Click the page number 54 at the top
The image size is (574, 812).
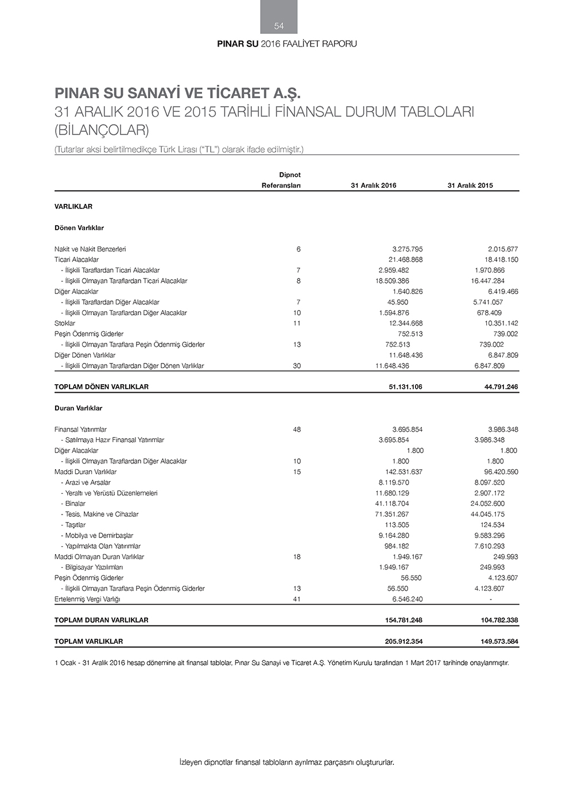click(x=279, y=26)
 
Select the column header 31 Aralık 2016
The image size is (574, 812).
click(x=373, y=185)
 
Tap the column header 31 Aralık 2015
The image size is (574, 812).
click(x=470, y=185)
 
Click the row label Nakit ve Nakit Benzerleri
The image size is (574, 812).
click(x=90, y=249)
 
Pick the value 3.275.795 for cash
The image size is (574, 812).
click(x=407, y=249)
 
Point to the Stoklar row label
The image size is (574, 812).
click(x=65, y=323)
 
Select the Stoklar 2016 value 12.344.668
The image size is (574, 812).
click(x=405, y=323)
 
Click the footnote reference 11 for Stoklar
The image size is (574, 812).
click(x=297, y=323)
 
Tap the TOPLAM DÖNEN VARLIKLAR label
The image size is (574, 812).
click(x=102, y=387)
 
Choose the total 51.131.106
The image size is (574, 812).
click(x=405, y=387)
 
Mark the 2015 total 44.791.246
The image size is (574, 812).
click(x=501, y=387)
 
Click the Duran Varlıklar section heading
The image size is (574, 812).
click(x=79, y=408)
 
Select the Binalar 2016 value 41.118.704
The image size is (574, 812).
click(x=392, y=504)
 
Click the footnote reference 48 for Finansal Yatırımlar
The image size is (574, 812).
click(x=297, y=430)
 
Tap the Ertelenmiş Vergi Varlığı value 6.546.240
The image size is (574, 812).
click(x=407, y=599)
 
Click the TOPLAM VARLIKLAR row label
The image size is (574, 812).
click(x=89, y=641)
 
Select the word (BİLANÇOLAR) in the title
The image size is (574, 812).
click(x=102, y=130)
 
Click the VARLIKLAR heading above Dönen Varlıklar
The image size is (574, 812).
click(x=73, y=207)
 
